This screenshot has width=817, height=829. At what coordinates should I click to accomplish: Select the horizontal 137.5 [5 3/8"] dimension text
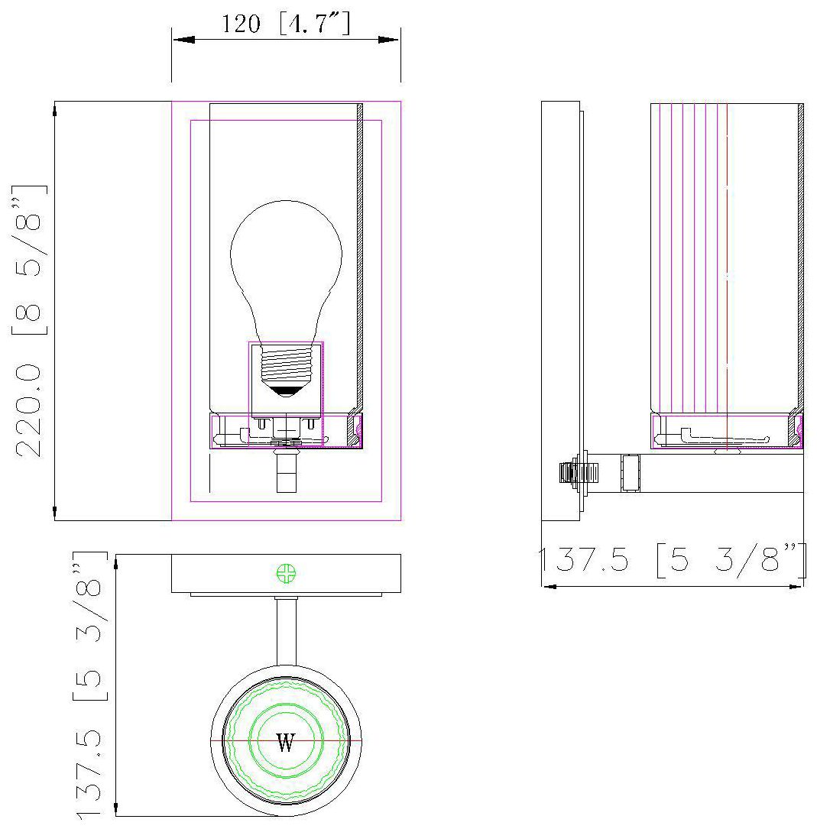point(672,562)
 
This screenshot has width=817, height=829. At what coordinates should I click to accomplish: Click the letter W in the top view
point(285,743)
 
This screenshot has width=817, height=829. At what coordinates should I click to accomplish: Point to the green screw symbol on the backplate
point(286,573)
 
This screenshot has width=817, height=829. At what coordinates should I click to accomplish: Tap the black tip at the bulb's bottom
point(285,390)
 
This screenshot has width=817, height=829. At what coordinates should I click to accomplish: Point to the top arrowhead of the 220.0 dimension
point(55,111)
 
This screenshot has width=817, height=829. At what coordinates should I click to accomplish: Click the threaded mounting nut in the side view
point(569,473)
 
